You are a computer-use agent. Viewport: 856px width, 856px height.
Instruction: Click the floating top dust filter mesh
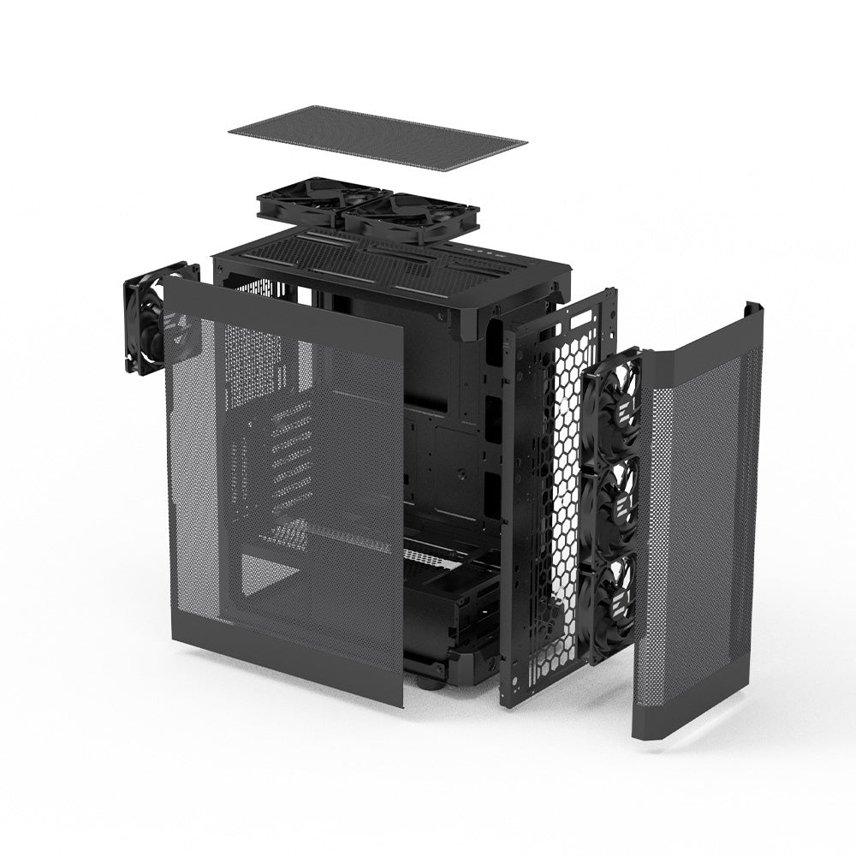pyautogui.click(x=377, y=137)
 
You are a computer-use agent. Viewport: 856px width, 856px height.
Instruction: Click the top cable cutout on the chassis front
pyautogui.click(x=494, y=342)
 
